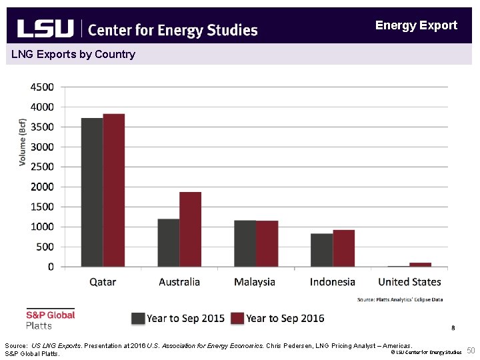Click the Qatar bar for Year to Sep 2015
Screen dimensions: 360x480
(x=92, y=192)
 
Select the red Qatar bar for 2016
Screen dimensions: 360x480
(x=114, y=190)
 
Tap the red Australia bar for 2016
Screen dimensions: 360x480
(x=190, y=229)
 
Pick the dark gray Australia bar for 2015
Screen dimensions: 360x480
(x=168, y=243)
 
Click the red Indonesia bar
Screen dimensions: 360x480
(x=343, y=248)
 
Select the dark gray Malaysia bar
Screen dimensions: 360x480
(x=245, y=243)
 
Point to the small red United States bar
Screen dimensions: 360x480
(x=420, y=265)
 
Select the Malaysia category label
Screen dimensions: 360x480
(x=255, y=282)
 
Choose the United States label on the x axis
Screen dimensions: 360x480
(x=409, y=282)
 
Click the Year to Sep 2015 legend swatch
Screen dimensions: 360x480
(x=138, y=318)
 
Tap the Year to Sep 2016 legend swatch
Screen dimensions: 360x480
(x=237, y=318)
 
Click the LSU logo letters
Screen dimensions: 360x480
(x=45, y=29)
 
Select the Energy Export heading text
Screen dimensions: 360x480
(x=416, y=25)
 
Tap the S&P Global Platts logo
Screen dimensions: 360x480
(x=50, y=319)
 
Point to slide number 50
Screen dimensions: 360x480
(x=471, y=351)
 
